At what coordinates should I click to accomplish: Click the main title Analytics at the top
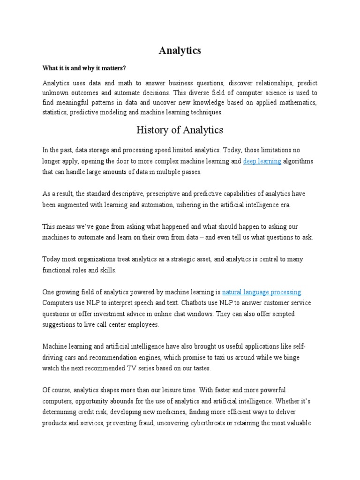(180, 51)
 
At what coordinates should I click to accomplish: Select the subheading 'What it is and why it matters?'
(85, 68)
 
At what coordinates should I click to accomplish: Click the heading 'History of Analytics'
(180, 130)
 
